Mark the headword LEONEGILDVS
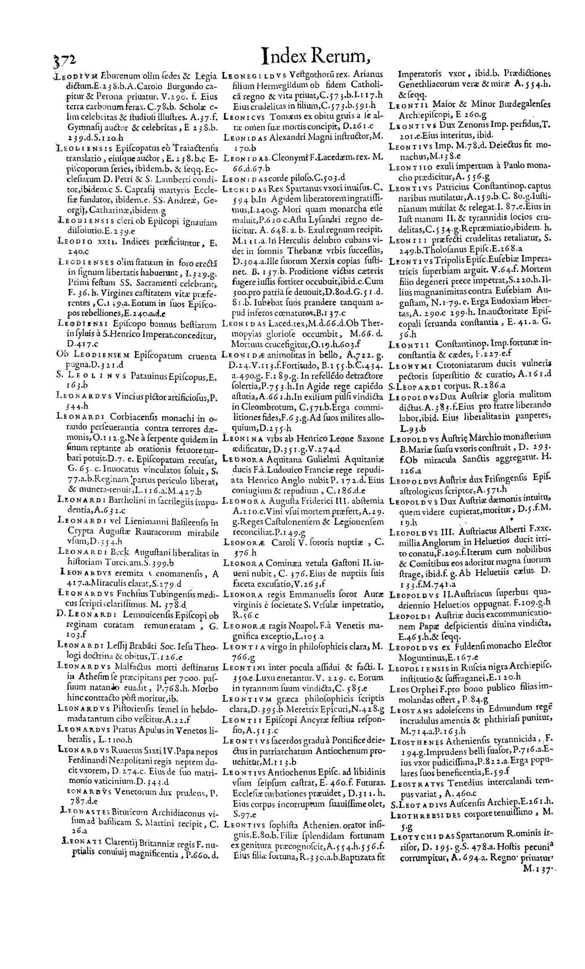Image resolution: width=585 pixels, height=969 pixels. point(252,76)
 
